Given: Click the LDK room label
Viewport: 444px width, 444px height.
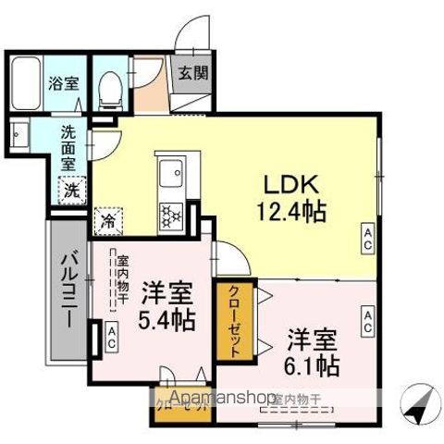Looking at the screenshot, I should (290, 182).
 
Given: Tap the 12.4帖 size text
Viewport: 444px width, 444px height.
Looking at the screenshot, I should (290, 211).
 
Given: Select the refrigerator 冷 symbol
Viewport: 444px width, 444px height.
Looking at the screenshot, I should (108, 222).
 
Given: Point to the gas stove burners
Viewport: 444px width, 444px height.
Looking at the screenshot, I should (171, 216).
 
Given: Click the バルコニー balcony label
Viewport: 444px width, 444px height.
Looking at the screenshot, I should (68, 289).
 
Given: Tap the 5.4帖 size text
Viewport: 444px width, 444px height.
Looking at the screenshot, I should (167, 321).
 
